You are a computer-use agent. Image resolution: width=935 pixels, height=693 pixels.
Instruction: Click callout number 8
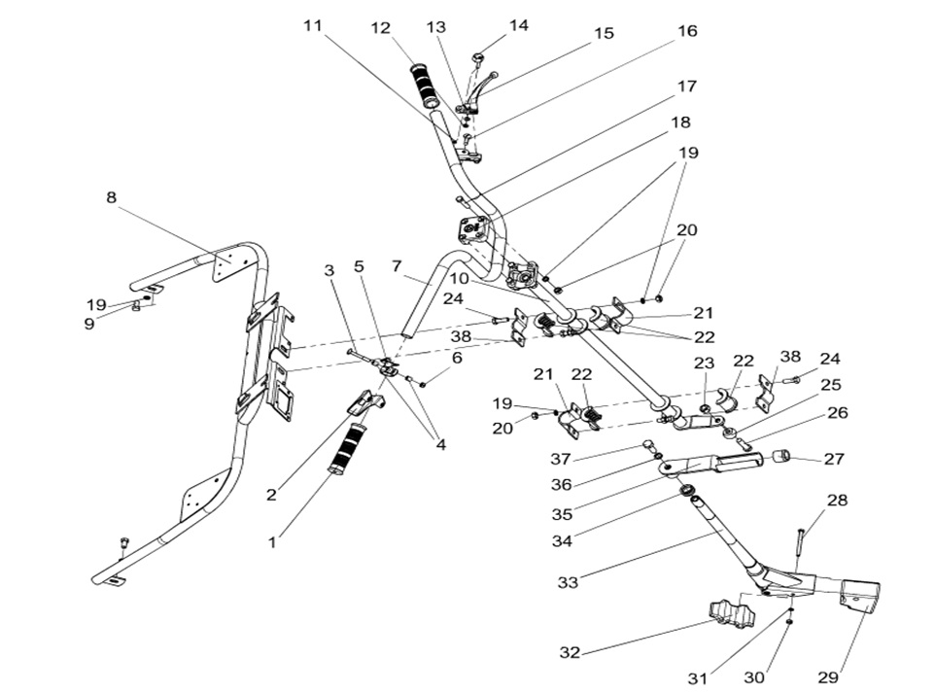pyautogui.click(x=112, y=198)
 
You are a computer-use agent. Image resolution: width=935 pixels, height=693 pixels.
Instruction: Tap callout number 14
pyautogui.click(x=518, y=25)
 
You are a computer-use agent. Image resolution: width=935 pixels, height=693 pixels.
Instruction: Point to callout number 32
pyautogui.click(x=570, y=652)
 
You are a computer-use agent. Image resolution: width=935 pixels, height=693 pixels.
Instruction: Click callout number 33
pyautogui.click(x=569, y=582)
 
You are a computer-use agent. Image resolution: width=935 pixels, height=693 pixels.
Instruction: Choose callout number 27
pyautogui.click(x=835, y=459)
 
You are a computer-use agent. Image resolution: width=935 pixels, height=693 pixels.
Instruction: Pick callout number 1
pyautogui.click(x=272, y=542)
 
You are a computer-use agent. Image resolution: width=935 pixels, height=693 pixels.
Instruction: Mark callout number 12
pyautogui.click(x=381, y=29)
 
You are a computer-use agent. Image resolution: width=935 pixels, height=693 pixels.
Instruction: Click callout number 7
pyautogui.click(x=396, y=265)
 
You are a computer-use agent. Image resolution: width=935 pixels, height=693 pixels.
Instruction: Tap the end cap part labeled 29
pyautogui.click(x=858, y=595)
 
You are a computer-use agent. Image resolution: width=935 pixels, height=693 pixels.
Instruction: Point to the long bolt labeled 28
pyautogui.click(x=799, y=546)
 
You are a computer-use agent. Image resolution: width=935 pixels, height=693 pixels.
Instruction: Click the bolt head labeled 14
pyautogui.click(x=477, y=60)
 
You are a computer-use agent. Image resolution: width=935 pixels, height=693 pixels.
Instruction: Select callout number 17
pyautogui.click(x=686, y=87)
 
